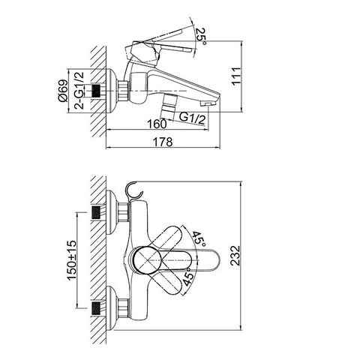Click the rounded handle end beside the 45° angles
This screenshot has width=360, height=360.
(214, 259)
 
